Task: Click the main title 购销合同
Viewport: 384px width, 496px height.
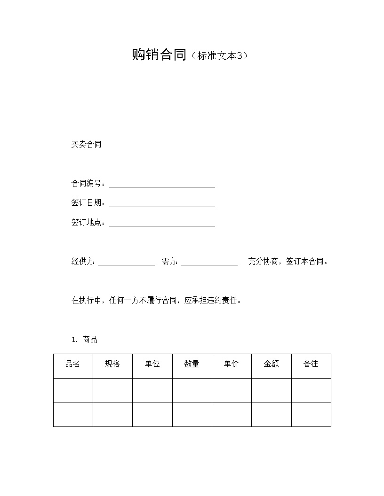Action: [159, 55]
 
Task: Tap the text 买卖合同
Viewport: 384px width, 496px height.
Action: [86, 145]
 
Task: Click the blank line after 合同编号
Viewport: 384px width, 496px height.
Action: [162, 185]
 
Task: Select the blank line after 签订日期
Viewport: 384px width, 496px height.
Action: [162, 204]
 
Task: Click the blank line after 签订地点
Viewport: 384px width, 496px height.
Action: [162, 224]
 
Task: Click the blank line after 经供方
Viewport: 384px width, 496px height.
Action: [126, 263]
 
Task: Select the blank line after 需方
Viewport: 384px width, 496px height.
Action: [209, 263]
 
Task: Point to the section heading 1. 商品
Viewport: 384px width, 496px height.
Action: [85, 340]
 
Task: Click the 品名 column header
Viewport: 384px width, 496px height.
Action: [73, 364]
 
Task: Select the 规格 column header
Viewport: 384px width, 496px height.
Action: [112, 364]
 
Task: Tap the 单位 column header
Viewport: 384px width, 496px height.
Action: [152, 364]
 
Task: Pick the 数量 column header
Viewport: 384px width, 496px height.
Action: [192, 364]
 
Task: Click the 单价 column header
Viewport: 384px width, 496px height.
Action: [232, 364]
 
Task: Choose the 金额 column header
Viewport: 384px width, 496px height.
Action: [271, 364]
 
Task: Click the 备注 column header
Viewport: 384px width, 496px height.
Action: [311, 364]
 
